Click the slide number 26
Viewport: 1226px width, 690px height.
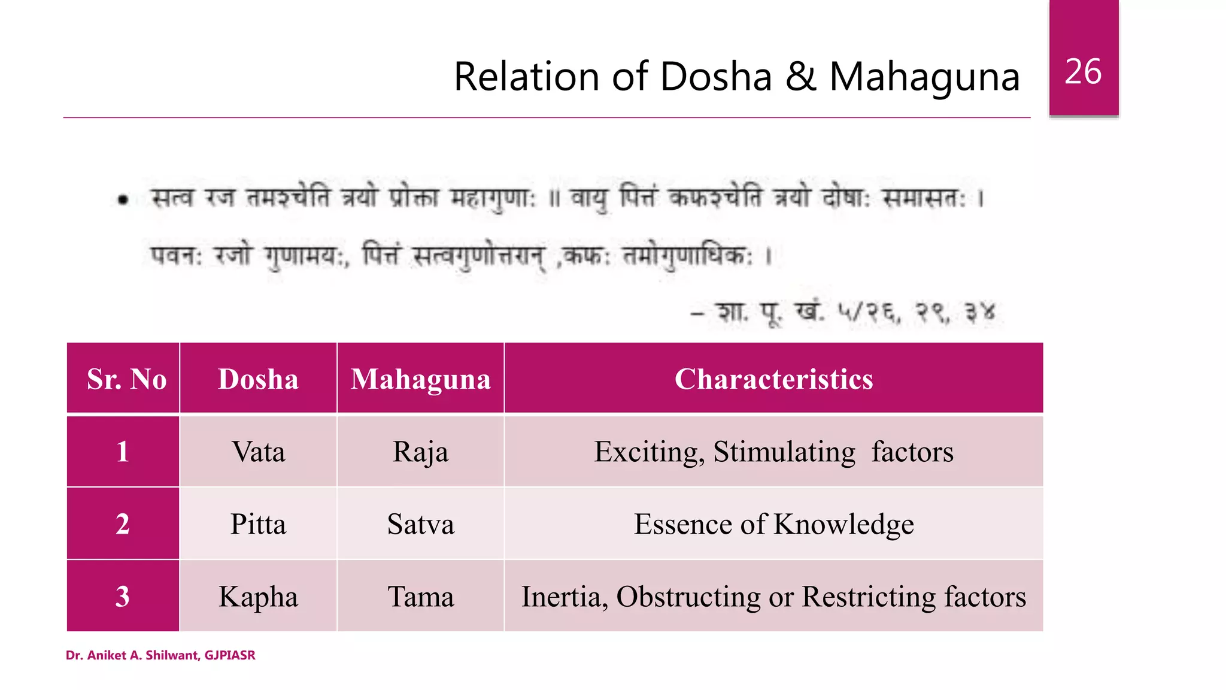[x=1083, y=72]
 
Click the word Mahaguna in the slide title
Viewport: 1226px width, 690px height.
[x=924, y=77]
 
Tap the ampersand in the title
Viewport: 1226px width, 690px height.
[x=800, y=77]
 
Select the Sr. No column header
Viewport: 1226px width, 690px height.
[x=126, y=379]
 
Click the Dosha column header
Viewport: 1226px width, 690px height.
[x=258, y=379]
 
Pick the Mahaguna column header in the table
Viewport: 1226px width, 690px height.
[x=420, y=379]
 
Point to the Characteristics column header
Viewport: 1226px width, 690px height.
[x=773, y=379]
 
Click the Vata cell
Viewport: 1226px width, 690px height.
[x=258, y=452]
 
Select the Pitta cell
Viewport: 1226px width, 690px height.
[x=258, y=524]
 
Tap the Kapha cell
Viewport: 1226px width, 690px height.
[x=258, y=597]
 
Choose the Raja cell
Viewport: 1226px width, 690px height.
[x=420, y=452]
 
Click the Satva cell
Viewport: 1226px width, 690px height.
[x=420, y=524]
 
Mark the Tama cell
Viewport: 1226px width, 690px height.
[x=420, y=597]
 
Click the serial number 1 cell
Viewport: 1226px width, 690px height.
[x=123, y=452]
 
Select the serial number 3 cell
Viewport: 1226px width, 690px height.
[x=123, y=597]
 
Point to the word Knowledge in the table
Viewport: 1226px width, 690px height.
[x=843, y=525]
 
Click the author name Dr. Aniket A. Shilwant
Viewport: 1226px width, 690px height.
[x=132, y=655]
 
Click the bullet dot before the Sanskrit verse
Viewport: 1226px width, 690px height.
[x=123, y=200]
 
